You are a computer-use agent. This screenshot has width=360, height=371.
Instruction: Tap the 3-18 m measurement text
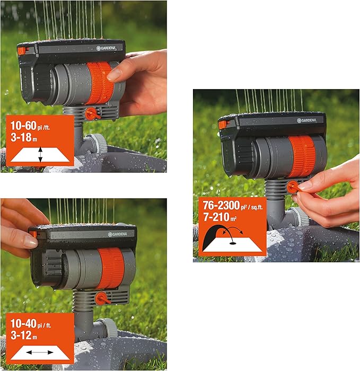[x=24, y=139]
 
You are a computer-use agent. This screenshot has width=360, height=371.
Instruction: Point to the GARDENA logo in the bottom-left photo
[x=117, y=234]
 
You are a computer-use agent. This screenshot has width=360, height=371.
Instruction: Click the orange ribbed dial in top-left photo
[x=99, y=82]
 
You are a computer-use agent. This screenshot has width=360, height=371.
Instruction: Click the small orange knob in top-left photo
[x=91, y=113]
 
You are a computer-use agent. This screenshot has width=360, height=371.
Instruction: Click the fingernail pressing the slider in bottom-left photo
[x=30, y=242]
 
